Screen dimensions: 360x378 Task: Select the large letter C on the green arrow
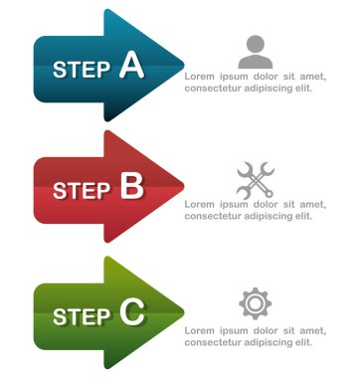(132, 313)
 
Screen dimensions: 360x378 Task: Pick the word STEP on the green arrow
(82, 316)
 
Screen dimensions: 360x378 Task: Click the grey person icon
(256, 51)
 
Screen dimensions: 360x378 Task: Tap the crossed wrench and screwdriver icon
(256, 178)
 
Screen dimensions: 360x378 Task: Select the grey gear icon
(256, 302)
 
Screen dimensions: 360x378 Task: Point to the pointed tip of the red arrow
(184, 187)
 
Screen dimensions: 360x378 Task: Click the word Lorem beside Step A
(201, 75)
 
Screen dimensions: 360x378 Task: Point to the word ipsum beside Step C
(236, 329)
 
